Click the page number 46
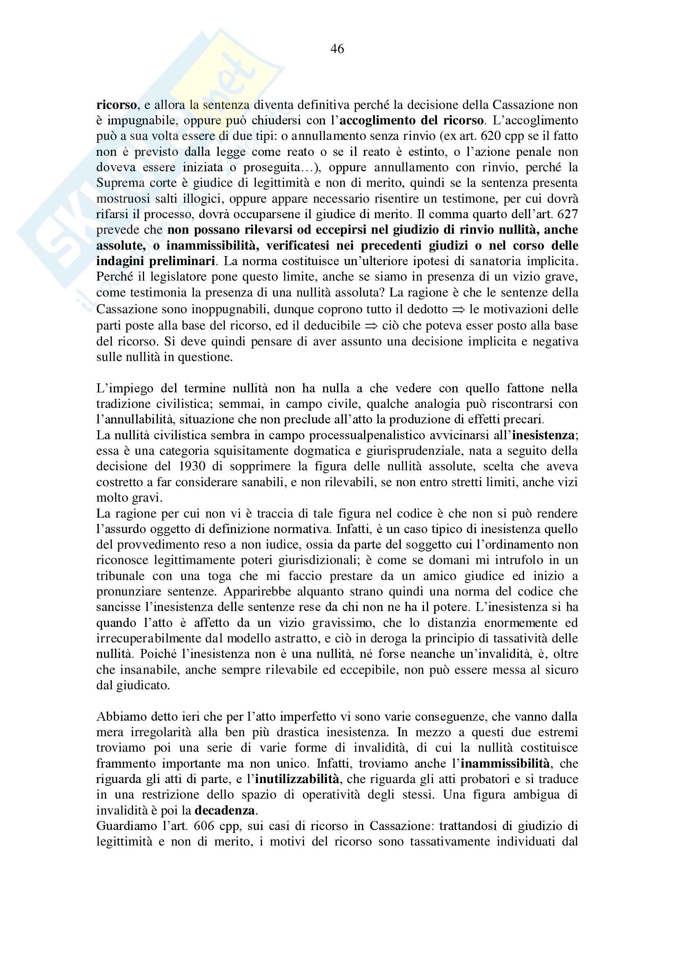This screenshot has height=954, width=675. click(x=337, y=49)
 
